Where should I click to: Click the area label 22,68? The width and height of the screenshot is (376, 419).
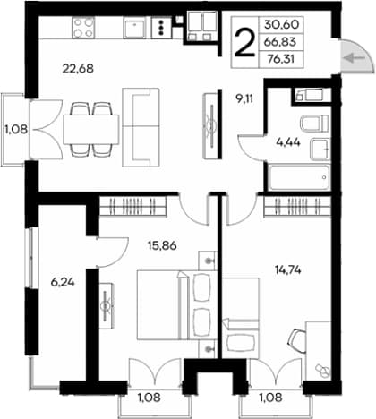(x=78, y=69)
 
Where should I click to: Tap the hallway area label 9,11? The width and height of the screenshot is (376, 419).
(x=244, y=98)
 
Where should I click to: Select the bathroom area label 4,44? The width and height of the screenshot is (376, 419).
(x=288, y=142)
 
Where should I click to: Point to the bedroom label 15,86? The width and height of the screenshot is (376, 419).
(x=162, y=245)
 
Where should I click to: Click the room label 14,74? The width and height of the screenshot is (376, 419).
(x=287, y=270)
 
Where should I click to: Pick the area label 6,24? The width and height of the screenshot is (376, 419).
(x=63, y=282)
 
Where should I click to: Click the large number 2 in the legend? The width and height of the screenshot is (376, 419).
(x=245, y=43)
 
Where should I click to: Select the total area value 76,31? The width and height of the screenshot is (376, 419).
(x=281, y=59)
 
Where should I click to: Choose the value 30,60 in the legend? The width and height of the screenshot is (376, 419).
(x=281, y=25)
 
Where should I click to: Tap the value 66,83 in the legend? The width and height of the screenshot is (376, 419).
(x=280, y=42)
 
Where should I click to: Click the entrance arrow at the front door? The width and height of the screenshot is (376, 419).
(x=354, y=58)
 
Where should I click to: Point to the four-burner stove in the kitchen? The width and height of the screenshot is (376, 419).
(x=83, y=28)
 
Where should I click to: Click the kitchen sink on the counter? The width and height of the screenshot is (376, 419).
(x=135, y=28)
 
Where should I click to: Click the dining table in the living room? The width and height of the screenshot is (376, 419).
(x=91, y=129)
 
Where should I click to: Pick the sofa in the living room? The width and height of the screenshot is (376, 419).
(x=141, y=127)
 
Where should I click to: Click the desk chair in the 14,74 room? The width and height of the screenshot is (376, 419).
(x=297, y=341)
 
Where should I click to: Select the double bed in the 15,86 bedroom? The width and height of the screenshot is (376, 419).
(x=175, y=304)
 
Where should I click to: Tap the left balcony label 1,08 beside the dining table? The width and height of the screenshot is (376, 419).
(x=16, y=129)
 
